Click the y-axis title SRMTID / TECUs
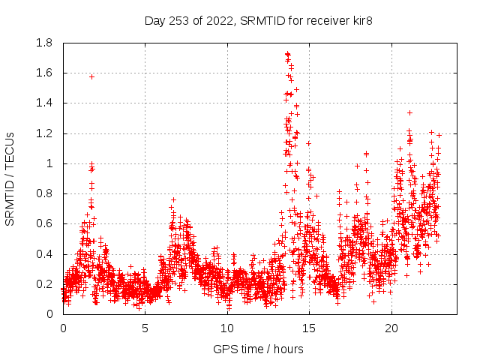point(10,178)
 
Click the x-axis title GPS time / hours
point(259,349)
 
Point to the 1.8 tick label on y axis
point(43,43)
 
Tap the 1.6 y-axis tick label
point(43,73)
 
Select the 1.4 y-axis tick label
point(43,103)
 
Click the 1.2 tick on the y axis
point(43,133)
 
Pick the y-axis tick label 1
point(49,163)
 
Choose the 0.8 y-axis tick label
point(43,193)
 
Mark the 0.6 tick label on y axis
point(43,223)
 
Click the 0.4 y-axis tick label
point(43,254)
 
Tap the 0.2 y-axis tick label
point(43,284)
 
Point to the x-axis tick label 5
point(145,328)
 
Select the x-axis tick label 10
point(226,328)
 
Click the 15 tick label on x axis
point(309,328)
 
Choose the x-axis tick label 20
point(391,328)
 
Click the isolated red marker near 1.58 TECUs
point(91,76)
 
